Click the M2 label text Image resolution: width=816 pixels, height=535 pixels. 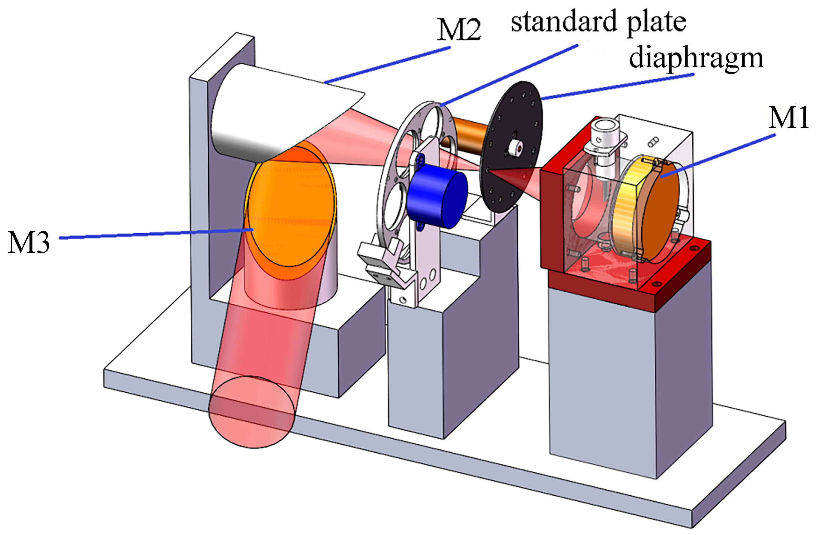459,30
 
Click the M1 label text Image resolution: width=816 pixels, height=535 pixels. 788,117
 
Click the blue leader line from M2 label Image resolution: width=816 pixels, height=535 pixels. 387,65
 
